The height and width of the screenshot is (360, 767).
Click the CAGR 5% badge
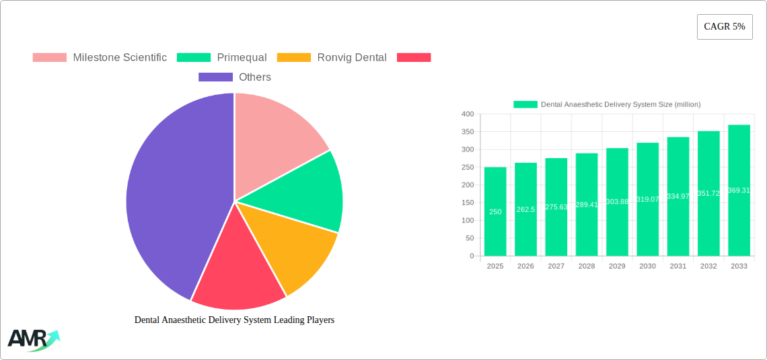[725, 27]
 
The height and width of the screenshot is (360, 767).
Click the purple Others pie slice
[168, 202]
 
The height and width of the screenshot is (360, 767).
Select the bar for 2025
[495, 211]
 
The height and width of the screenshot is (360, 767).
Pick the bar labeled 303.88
[617, 202]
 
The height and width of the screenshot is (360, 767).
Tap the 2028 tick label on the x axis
[587, 266]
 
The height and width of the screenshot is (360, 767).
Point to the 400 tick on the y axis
[468, 114]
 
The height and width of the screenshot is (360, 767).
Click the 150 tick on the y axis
[468, 203]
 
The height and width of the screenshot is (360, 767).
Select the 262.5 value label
[525, 209]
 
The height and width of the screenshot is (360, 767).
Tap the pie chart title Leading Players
[234, 320]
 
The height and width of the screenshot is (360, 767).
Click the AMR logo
[33, 340]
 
